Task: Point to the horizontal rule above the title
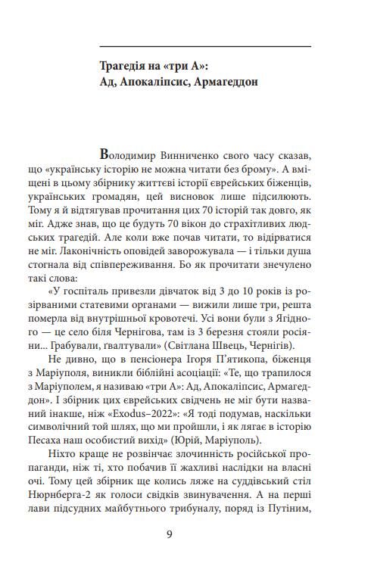tap(205, 47)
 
